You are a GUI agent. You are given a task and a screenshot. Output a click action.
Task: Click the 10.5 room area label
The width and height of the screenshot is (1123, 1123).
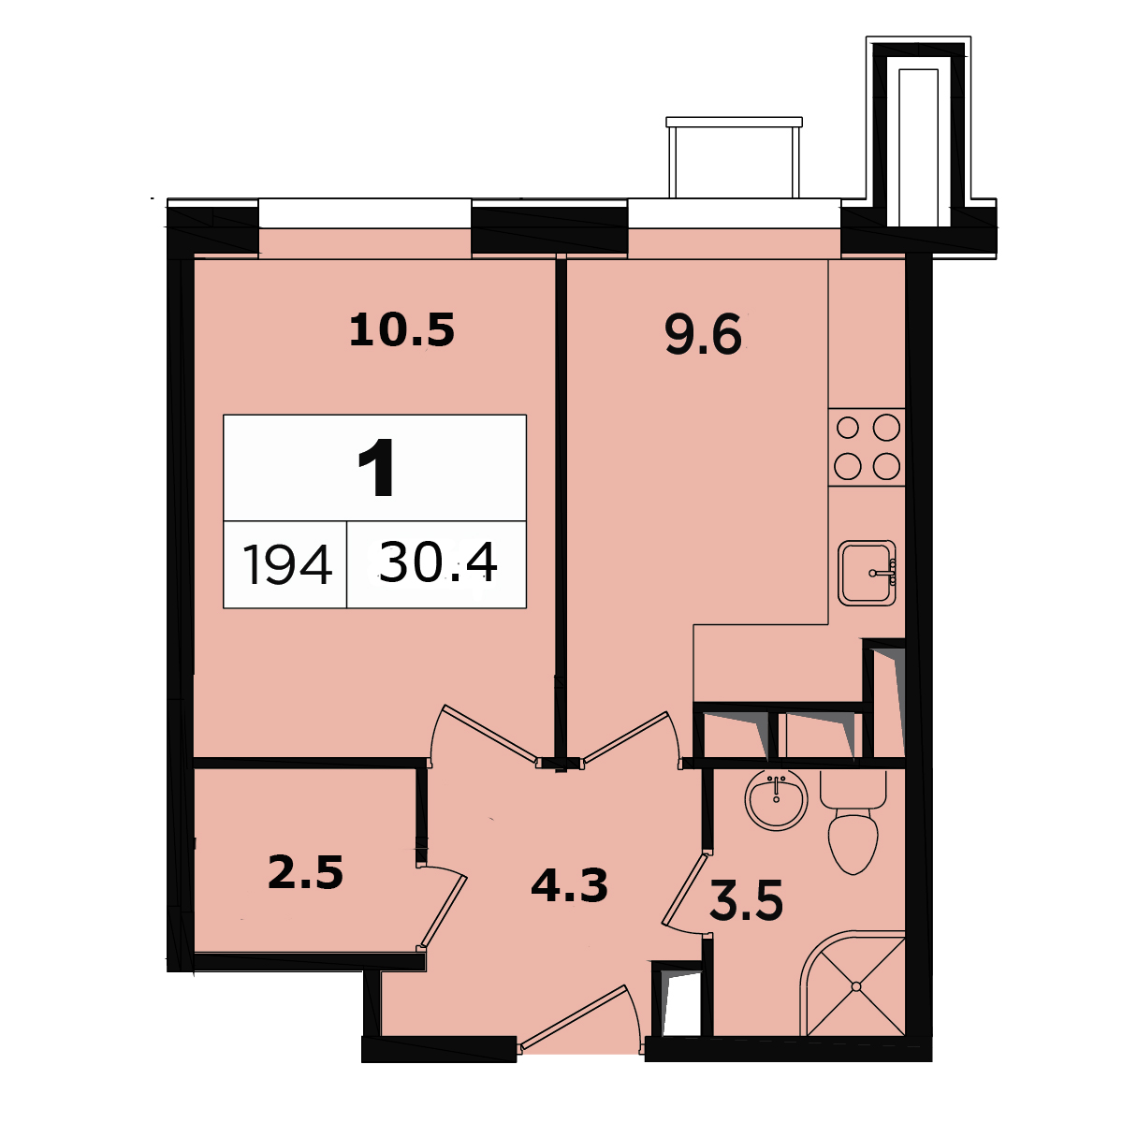pyautogui.click(x=401, y=329)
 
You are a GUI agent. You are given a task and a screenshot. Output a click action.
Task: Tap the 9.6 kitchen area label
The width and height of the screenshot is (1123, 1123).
pyautogui.click(x=704, y=334)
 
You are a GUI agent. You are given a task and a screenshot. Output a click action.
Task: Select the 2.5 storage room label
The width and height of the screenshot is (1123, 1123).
pyautogui.click(x=305, y=872)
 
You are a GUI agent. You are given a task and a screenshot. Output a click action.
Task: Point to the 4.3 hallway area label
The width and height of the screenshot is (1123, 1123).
pyautogui.click(x=569, y=884)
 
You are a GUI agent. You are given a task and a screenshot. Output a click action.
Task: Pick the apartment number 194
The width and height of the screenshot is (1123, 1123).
pyautogui.click(x=286, y=564)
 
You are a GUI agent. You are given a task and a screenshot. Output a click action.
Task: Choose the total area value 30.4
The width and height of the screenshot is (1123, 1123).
pyautogui.click(x=438, y=562)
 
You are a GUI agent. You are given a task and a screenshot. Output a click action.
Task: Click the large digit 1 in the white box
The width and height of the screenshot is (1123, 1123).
pyautogui.click(x=377, y=467)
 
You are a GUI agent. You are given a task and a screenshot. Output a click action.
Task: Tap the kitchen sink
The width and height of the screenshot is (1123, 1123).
pyautogui.click(x=867, y=573)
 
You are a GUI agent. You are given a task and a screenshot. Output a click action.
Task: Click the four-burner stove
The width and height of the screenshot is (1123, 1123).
pyautogui.click(x=867, y=447)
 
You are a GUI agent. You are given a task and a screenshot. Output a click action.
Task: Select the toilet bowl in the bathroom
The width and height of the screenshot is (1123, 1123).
pyautogui.click(x=853, y=822)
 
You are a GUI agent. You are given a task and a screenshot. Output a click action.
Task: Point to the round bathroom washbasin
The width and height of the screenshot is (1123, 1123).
pyautogui.click(x=776, y=799)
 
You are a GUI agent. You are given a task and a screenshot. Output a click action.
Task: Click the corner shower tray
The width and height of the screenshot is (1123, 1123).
pyautogui.click(x=853, y=984)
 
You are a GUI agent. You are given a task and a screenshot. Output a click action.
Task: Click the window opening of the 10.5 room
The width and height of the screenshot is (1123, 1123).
pyautogui.click(x=365, y=213)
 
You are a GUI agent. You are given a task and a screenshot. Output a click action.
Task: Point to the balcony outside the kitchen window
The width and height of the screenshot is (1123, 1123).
pyautogui.click(x=735, y=157)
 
